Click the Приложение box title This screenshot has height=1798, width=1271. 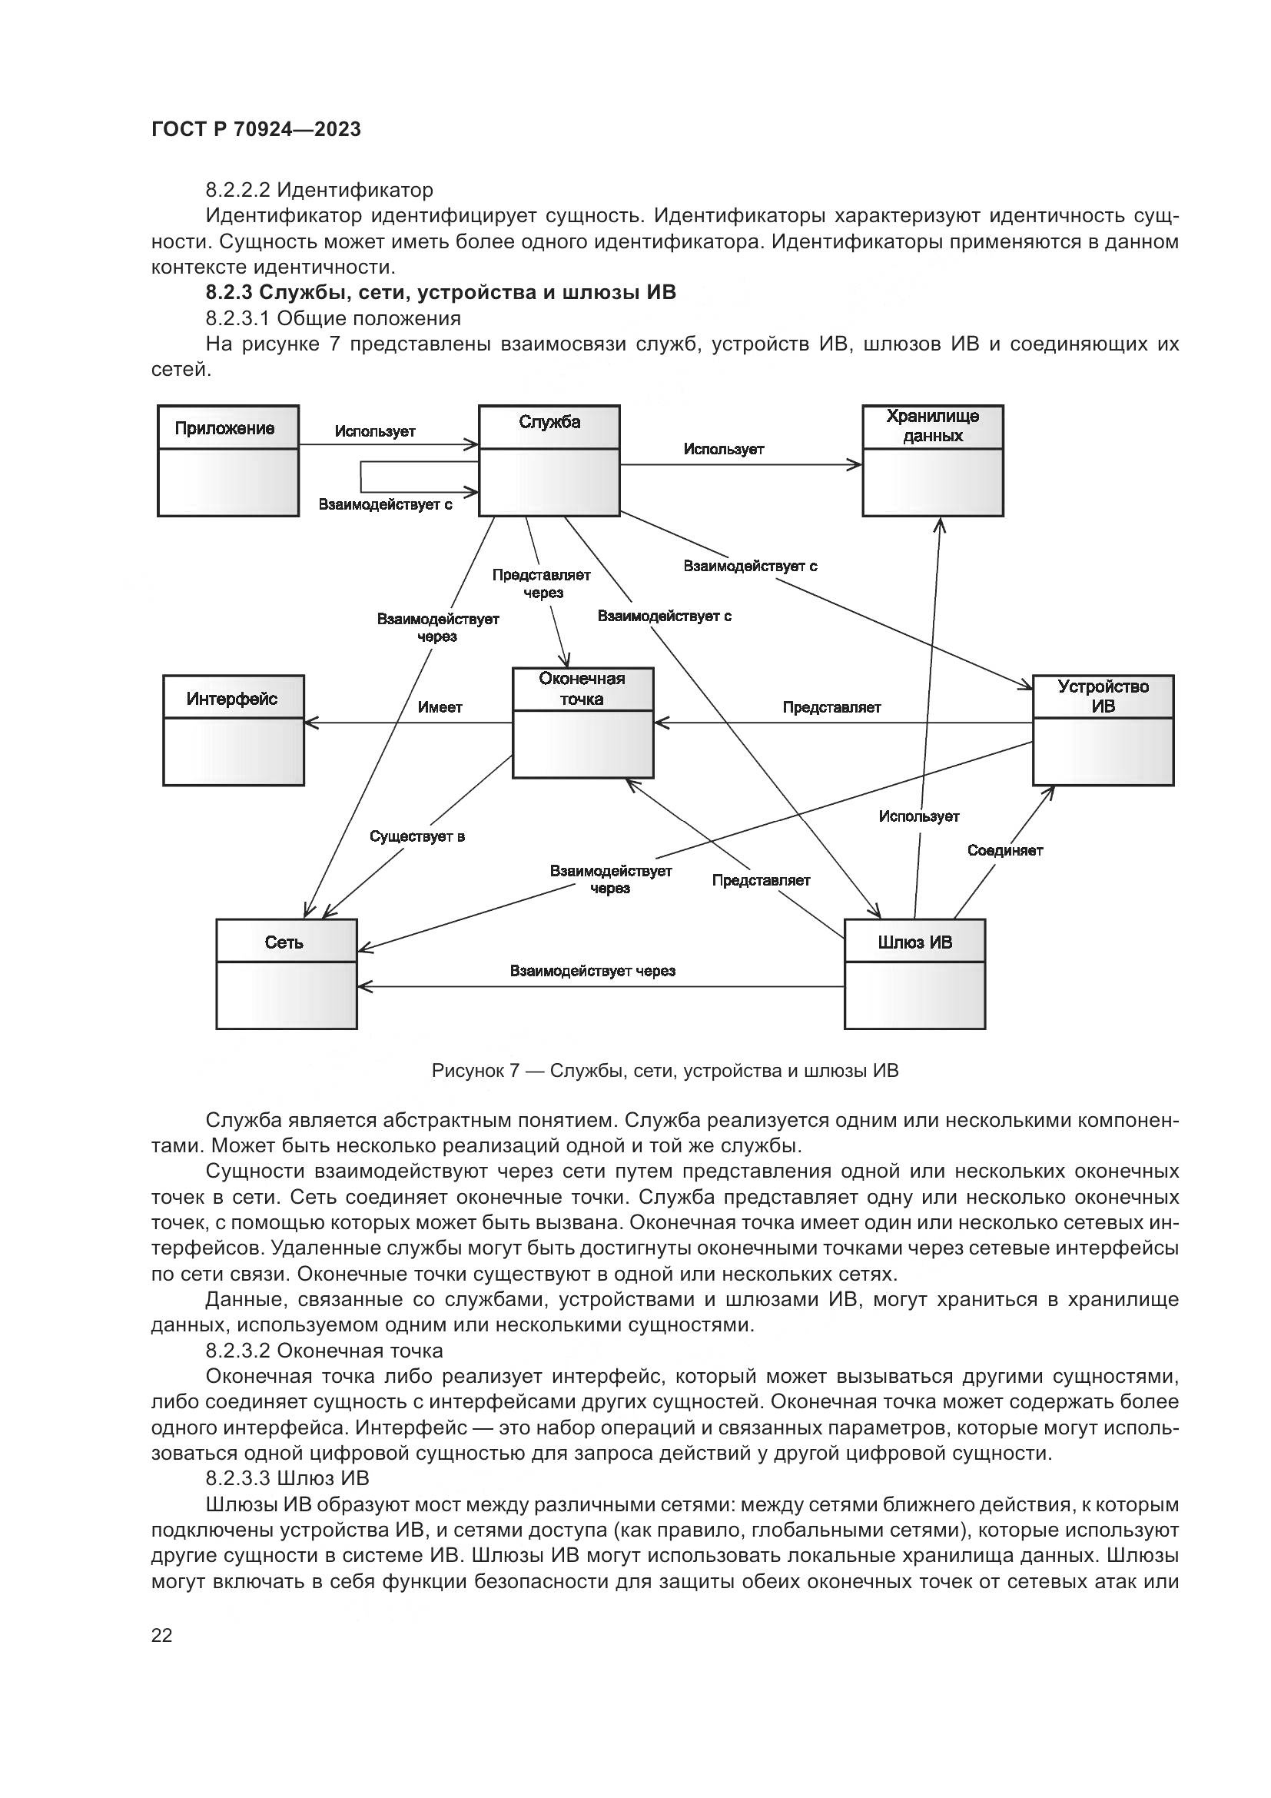tap(224, 428)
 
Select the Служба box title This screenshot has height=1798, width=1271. tap(549, 423)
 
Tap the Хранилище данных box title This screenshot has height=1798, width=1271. tap(932, 426)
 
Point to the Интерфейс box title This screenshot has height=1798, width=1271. tap(231, 699)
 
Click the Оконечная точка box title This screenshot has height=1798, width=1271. tap(582, 689)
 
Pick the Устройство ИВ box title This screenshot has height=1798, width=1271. tap(1103, 696)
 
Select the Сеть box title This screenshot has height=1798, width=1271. tap(284, 942)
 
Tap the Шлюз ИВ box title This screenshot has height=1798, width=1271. tap(915, 942)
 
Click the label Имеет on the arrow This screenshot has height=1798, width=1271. tap(440, 708)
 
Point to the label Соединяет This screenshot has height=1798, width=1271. tap(1005, 850)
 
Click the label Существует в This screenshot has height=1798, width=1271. tap(417, 837)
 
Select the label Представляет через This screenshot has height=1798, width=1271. tap(542, 584)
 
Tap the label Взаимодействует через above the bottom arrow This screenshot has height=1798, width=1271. tap(592, 971)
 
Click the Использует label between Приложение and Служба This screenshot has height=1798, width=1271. tap(375, 431)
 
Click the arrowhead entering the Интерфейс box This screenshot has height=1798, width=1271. tap(310, 723)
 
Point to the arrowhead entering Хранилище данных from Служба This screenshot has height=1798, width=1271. tap(857, 465)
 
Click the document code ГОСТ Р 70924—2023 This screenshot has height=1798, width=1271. tap(256, 130)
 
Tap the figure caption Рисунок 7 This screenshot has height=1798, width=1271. tap(665, 1071)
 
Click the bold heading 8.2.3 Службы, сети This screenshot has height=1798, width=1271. tap(440, 293)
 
